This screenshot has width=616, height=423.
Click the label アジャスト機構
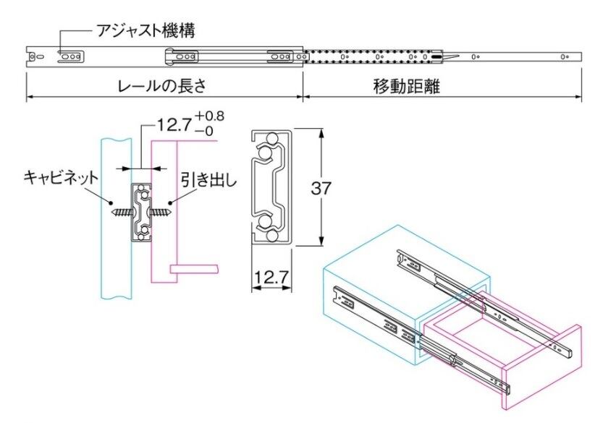click(x=145, y=31)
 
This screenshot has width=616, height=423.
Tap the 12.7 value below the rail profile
click(x=271, y=276)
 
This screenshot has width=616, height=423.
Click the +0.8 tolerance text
click(x=210, y=116)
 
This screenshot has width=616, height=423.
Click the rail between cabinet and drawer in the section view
click(x=141, y=211)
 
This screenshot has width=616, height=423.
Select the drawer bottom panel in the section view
click(x=196, y=269)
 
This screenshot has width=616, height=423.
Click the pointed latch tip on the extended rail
click(x=453, y=56)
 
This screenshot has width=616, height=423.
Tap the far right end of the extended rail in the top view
click(x=580, y=56)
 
